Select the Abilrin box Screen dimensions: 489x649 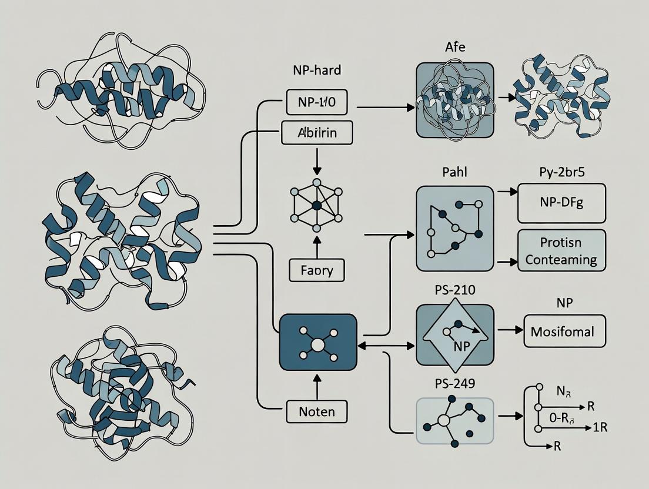(x=317, y=133)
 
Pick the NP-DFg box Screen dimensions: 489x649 (x=561, y=203)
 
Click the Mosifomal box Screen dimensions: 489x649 (x=564, y=331)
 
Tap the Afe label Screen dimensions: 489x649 (x=455, y=47)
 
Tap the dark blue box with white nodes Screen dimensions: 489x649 (x=317, y=343)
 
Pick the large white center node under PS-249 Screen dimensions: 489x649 (x=444, y=421)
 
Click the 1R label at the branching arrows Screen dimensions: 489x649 (x=600, y=427)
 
